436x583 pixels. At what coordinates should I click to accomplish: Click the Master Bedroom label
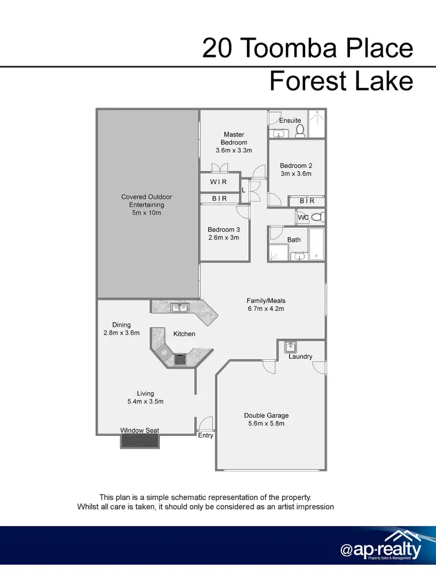click(234, 138)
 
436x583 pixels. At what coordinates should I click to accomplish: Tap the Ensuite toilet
click(300, 131)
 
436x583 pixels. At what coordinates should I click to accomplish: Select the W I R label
click(219, 182)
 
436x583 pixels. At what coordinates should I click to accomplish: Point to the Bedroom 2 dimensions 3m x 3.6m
click(296, 173)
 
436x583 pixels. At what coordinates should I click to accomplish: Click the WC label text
click(303, 217)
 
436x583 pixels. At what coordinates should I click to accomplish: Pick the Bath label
click(294, 239)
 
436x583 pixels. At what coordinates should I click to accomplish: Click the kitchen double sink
click(178, 307)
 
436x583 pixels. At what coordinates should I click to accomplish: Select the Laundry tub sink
click(291, 347)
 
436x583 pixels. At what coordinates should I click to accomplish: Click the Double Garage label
click(266, 416)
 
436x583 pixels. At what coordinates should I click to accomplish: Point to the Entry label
click(206, 435)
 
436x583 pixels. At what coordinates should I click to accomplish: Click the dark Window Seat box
click(140, 441)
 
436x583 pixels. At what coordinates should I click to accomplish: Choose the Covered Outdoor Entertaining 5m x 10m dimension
click(146, 213)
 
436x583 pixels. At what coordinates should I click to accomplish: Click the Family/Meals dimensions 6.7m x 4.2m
click(265, 309)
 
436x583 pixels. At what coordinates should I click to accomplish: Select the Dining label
click(122, 325)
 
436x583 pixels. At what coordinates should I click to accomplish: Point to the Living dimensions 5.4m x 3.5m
click(145, 401)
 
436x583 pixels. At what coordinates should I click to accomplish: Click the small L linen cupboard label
click(243, 190)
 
